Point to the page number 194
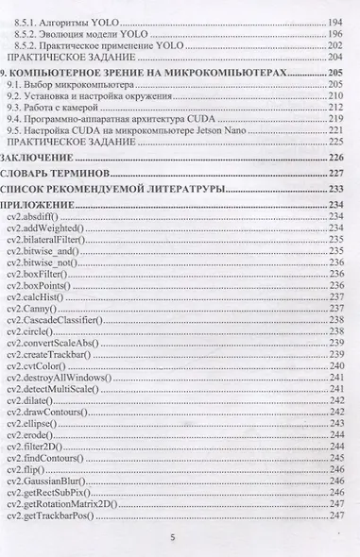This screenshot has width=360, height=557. [332, 20]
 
